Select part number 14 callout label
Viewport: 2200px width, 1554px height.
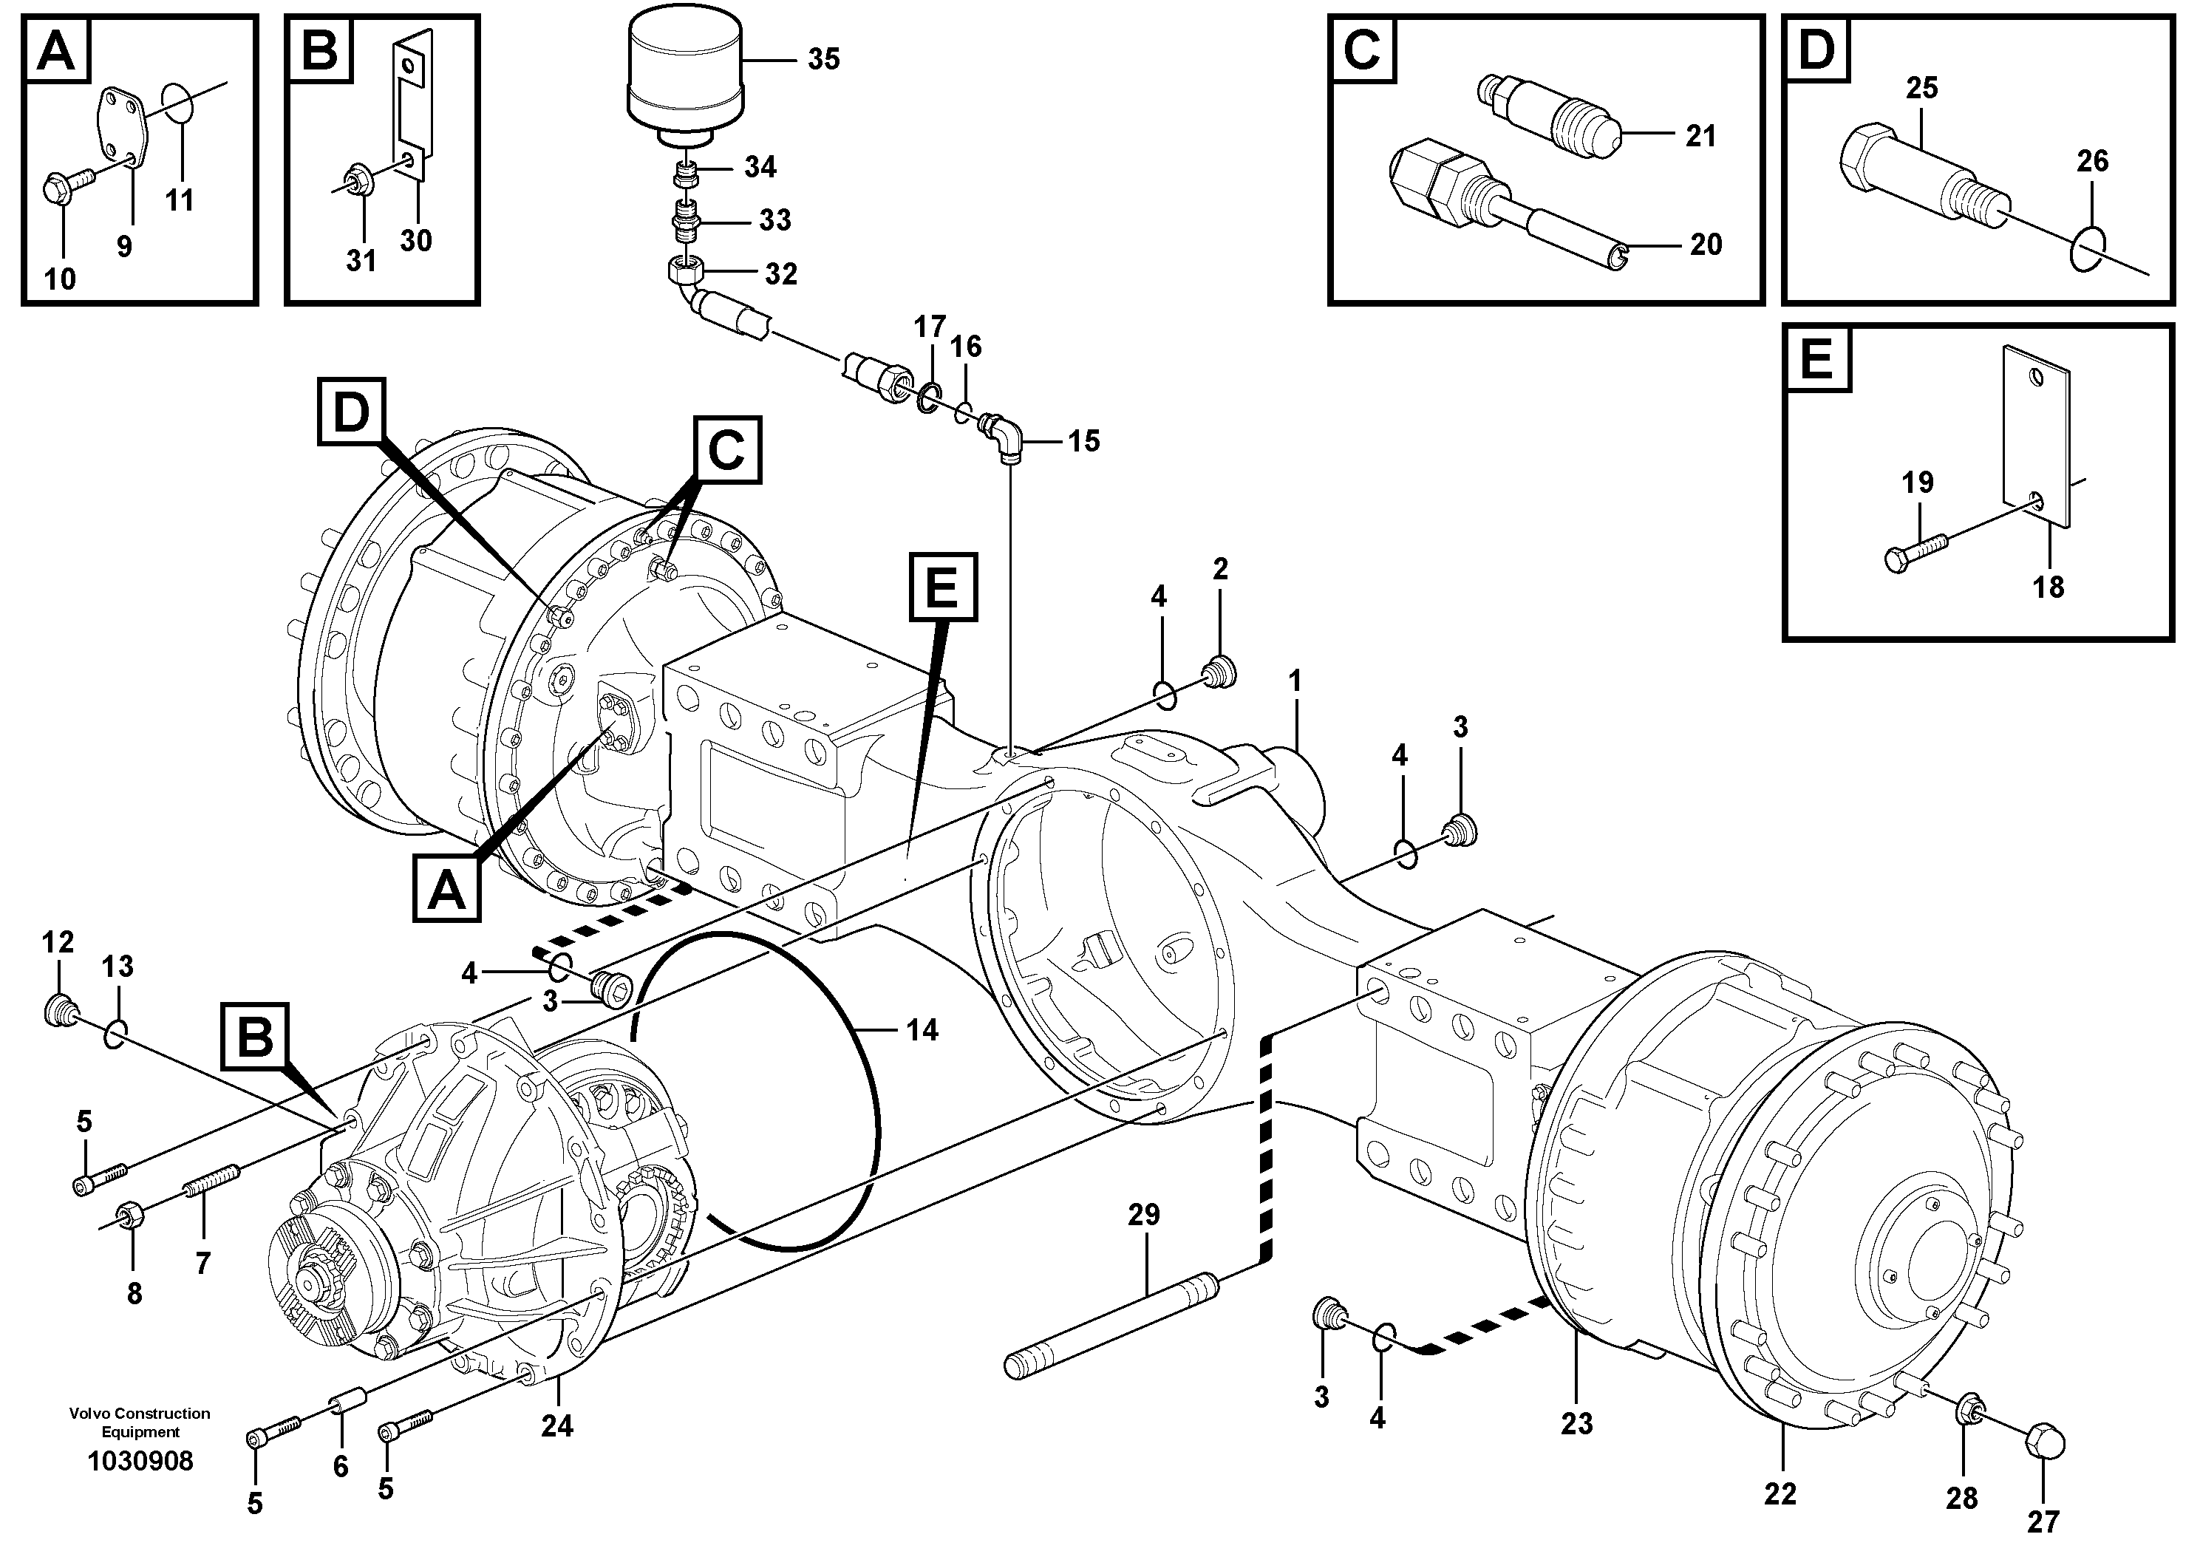pyautogui.click(x=922, y=1031)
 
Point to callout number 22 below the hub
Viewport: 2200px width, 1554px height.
pyautogui.click(x=1780, y=1493)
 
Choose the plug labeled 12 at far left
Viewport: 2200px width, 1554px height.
pyautogui.click(x=61, y=1010)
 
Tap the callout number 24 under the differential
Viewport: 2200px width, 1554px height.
pyautogui.click(x=556, y=1427)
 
